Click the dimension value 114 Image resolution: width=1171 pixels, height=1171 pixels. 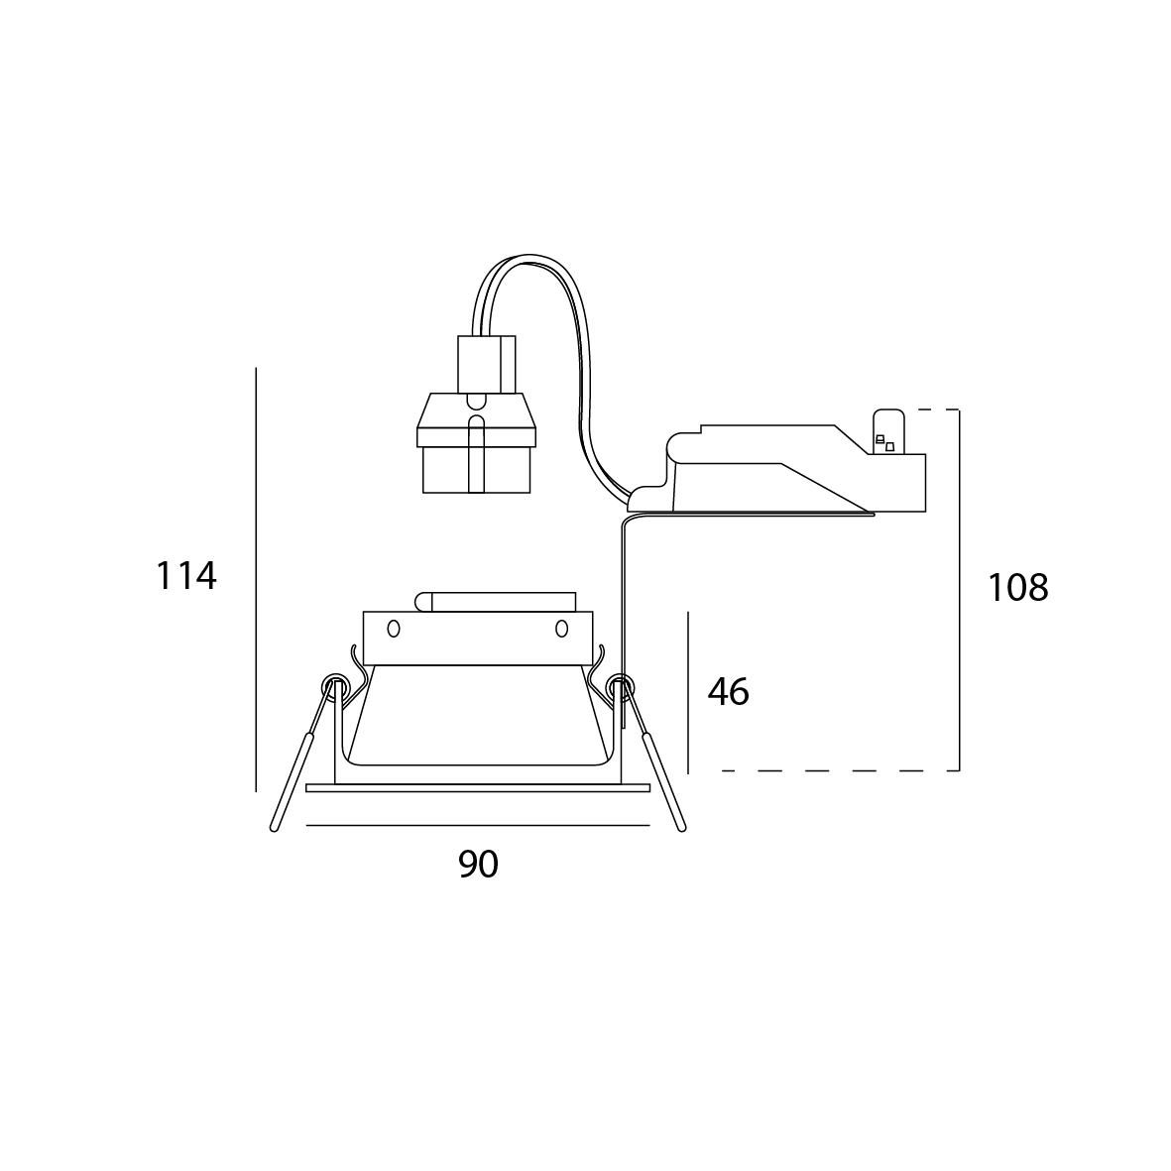[186, 576]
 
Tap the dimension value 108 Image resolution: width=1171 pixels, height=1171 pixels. [1018, 587]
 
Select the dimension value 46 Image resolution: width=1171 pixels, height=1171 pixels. [728, 691]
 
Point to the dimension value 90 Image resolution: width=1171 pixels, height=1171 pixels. [478, 864]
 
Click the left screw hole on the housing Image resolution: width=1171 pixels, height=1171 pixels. [394, 629]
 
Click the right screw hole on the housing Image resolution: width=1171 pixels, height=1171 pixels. [561, 629]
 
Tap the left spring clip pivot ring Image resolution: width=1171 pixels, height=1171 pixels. [334, 685]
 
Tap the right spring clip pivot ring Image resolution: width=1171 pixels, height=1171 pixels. [620, 685]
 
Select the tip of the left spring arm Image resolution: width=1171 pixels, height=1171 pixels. [274, 828]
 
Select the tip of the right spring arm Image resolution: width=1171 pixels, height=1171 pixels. [681, 828]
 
